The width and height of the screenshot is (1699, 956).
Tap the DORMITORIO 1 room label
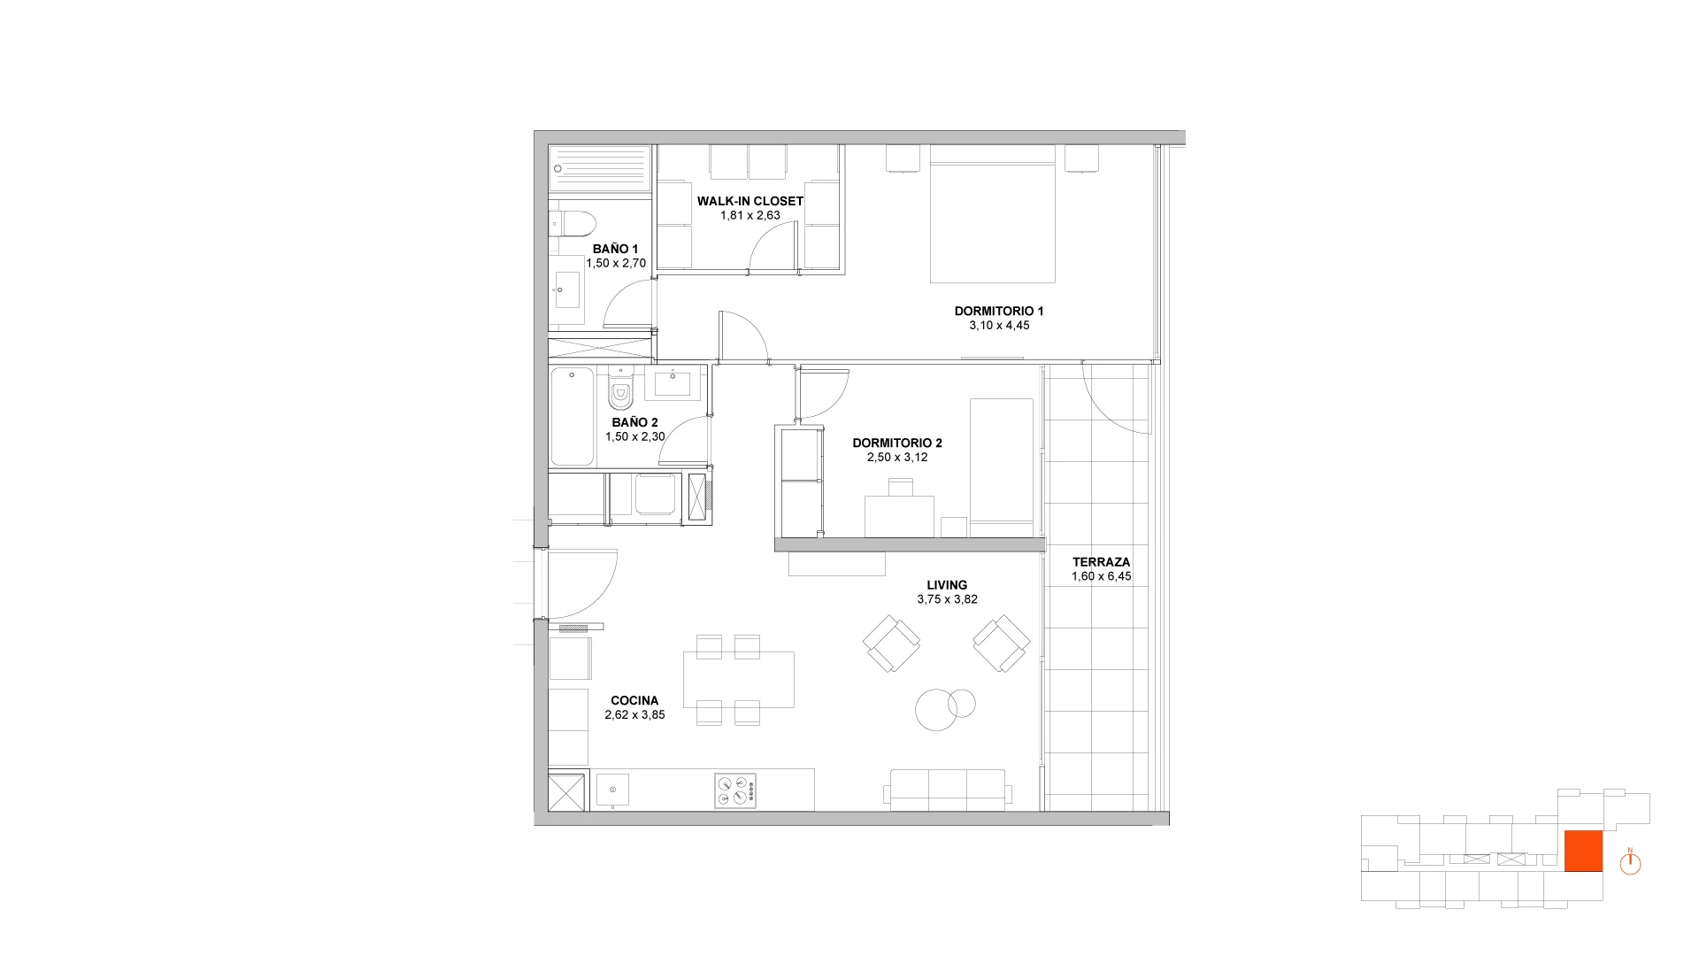coord(999,311)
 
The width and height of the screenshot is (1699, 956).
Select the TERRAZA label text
coord(1101,562)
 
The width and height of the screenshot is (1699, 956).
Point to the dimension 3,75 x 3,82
coord(947,599)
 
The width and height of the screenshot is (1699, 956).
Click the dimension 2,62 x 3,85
coord(634,715)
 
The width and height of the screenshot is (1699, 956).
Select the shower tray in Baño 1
coord(600,169)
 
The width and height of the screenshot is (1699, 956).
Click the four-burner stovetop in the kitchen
coord(735,791)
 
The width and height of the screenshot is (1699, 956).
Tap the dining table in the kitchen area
coord(738,680)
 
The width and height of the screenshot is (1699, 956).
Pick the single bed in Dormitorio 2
coord(1001,467)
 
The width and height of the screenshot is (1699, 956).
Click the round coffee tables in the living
coord(943,708)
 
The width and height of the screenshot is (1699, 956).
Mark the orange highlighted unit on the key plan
coord(1583,852)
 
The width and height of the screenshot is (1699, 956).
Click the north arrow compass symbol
coord(1630,862)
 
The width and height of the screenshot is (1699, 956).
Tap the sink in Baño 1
coord(566,289)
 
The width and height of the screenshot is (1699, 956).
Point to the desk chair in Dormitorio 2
coord(901,487)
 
